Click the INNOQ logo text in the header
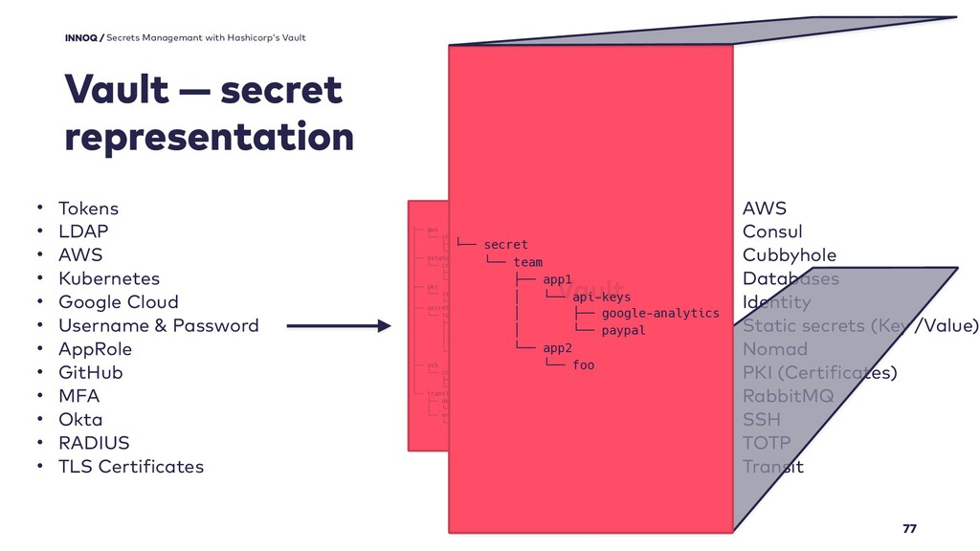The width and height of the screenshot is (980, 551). pyautogui.click(x=81, y=37)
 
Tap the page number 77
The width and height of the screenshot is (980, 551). pyautogui.click(x=909, y=529)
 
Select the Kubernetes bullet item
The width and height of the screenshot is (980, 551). pyautogui.click(x=108, y=278)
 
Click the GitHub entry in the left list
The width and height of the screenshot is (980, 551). pyautogui.click(x=91, y=372)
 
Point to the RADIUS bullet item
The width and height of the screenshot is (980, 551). pyautogui.click(x=94, y=443)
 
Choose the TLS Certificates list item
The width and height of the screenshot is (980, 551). pyautogui.click(x=131, y=467)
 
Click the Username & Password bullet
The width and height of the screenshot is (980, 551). pyautogui.click(x=158, y=325)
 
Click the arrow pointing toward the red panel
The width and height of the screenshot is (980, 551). pyautogui.click(x=339, y=326)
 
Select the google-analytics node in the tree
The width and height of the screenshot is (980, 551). pyautogui.click(x=660, y=313)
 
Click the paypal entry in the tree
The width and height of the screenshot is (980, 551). pyautogui.click(x=623, y=330)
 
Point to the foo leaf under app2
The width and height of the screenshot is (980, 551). pyautogui.click(x=583, y=364)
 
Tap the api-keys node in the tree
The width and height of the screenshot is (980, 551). pyautogui.click(x=601, y=297)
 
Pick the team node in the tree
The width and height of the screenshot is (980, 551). pyautogui.click(x=527, y=262)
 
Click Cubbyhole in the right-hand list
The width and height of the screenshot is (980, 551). pyautogui.click(x=789, y=255)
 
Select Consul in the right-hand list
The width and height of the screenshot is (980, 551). pyautogui.click(x=772, y=231)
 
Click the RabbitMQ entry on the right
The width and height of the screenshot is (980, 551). pyautogui.click(x=788, y=396)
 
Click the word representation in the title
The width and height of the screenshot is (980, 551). pyautogui.click(x=209, y=138)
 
